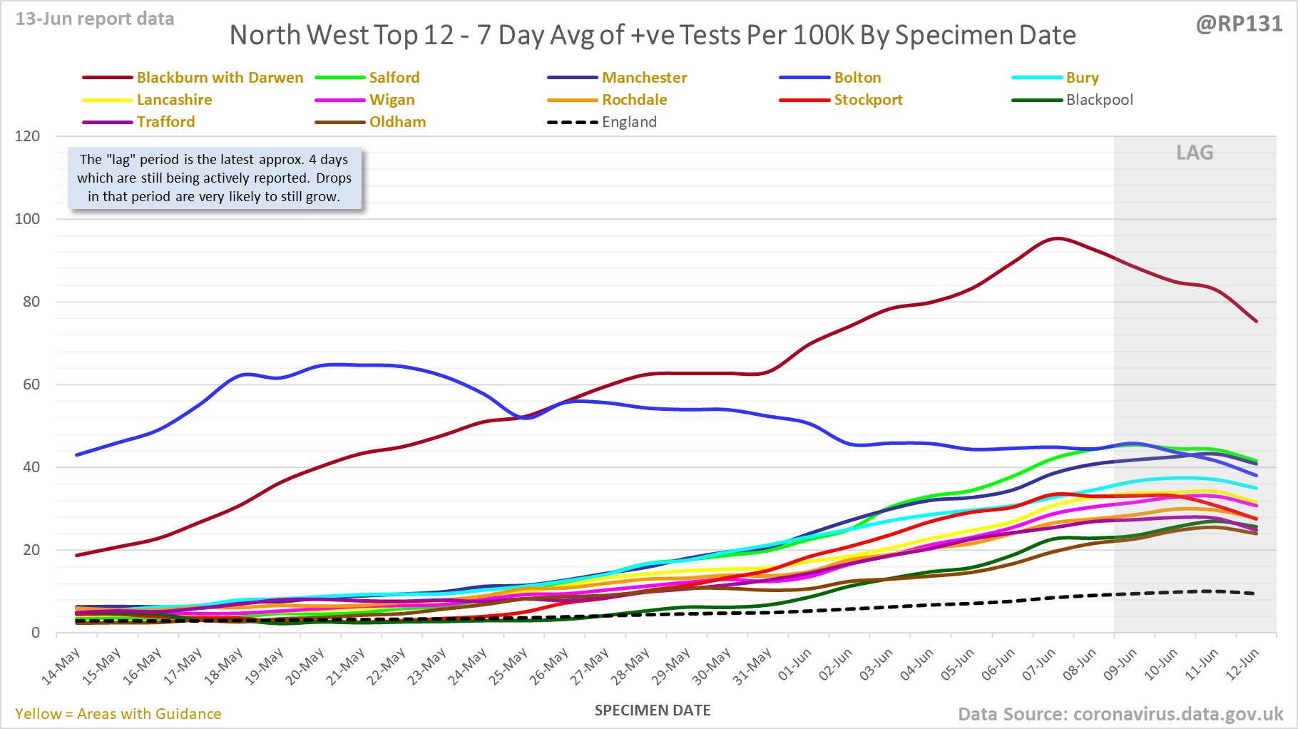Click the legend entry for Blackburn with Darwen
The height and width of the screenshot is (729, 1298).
[x=220, y=78]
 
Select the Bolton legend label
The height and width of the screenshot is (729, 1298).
[x=857, y=78]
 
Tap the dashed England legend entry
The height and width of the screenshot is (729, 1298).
[x=629, y=122]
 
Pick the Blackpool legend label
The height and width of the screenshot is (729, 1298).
[x=1099, y=100]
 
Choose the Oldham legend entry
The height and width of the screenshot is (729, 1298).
[x=397, y=122]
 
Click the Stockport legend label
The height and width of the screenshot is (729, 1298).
[x=868, y=100]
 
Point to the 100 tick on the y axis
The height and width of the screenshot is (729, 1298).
[x=28, y=219]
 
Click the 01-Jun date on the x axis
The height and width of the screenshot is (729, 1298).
[x=794, y=665]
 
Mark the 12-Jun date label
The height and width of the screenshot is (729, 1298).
[x=1242, y=665]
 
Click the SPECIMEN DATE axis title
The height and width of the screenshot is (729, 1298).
[x=653, y=710]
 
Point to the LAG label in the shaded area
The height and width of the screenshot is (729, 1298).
[x=1195, y=153]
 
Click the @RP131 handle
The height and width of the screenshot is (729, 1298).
[x=1239, y=24]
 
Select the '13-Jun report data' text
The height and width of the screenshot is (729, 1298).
[x=95, y=19]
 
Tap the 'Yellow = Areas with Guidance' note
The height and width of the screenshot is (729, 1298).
[x=118, y=714]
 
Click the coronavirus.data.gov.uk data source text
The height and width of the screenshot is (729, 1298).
[x=1177, y=714]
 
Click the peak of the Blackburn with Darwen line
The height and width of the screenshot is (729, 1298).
[x=1057, y=238]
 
